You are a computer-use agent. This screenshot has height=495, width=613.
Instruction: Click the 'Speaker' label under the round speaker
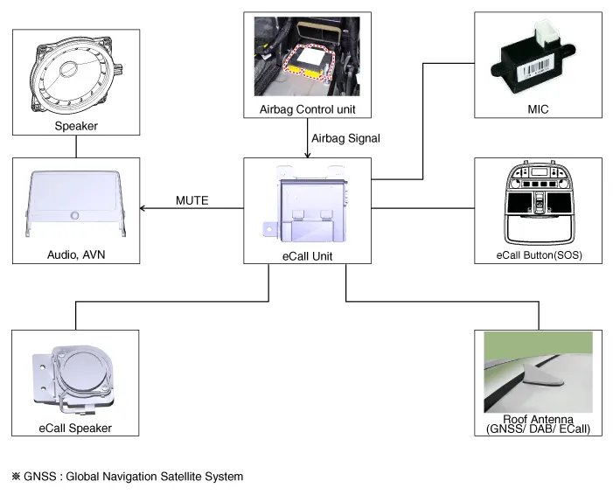(75, 126)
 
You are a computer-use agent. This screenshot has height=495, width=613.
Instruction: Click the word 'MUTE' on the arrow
(192, 201)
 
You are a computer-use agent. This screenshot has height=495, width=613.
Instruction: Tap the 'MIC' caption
(538, 109)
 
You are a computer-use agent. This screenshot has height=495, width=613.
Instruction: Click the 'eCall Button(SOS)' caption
(538, 255)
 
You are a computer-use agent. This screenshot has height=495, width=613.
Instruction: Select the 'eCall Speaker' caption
(75, 428)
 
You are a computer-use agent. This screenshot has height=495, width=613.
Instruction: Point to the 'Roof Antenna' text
(538, 419)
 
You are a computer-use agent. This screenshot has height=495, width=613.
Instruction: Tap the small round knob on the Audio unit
(76, 214)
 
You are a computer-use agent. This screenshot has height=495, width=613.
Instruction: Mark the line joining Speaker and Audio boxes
(76, 146)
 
